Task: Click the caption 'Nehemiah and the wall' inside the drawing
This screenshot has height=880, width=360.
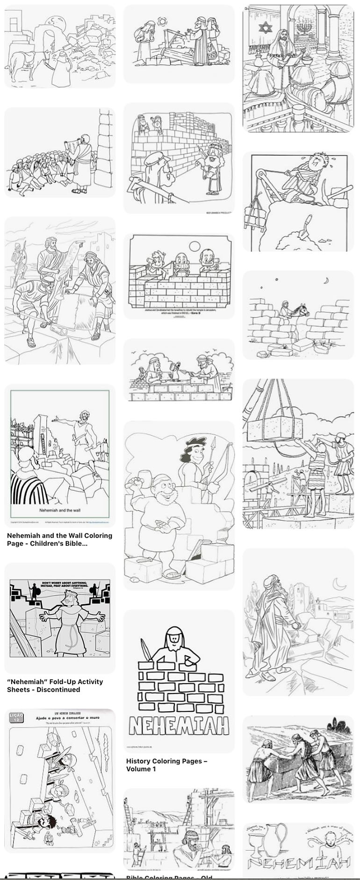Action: tap(59, 511)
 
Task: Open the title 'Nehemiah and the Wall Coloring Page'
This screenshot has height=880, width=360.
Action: tap(59, 539)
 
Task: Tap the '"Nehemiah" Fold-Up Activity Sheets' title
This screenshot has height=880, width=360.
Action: tap(55, 686)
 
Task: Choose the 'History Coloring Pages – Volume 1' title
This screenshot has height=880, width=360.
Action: tap(166, 765)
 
